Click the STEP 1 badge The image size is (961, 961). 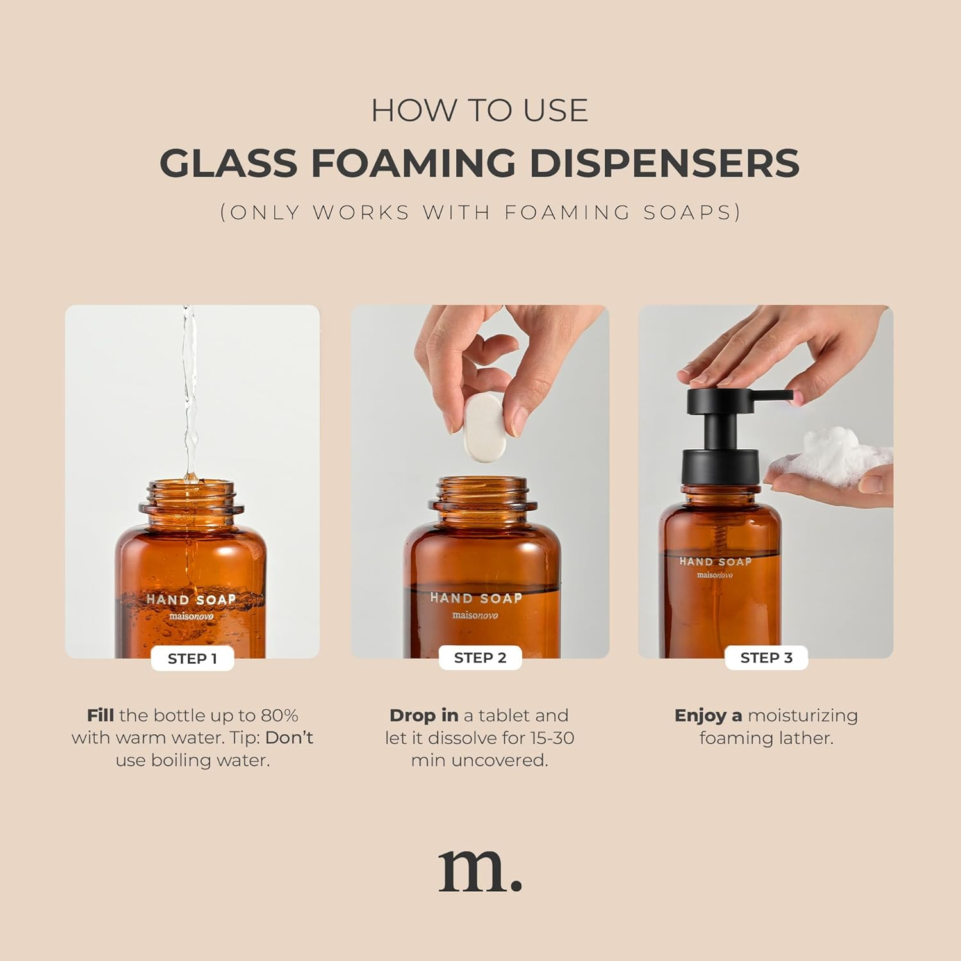192,659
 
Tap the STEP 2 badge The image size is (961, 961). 480,658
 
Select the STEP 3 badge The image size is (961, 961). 766,658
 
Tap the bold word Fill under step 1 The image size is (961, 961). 101,716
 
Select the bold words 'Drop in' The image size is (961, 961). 423,716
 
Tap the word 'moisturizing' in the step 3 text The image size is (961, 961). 803,716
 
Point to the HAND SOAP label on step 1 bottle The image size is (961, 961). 191,600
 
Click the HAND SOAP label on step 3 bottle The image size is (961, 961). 715,562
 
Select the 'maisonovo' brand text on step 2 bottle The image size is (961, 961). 475,615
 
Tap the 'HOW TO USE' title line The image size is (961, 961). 480,110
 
